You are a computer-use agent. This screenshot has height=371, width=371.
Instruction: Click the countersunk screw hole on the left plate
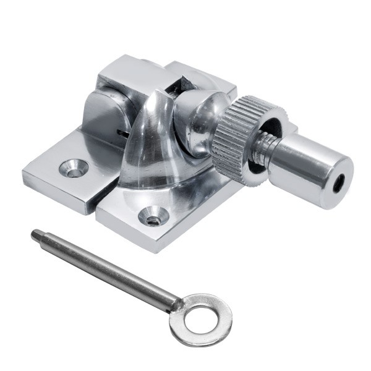click(x=74, y=168)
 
